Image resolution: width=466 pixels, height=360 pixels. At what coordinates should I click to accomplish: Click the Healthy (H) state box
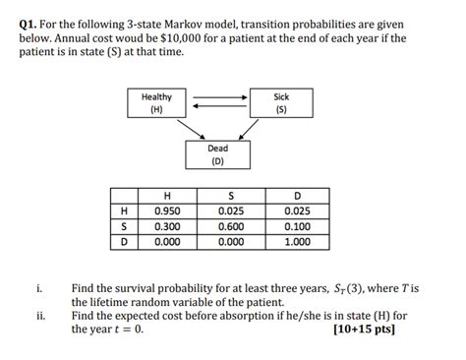[157, 103]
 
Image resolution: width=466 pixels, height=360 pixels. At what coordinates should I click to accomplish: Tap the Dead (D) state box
[218, 154]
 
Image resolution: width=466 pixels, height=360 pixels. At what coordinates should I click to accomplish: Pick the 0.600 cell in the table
[232, 225]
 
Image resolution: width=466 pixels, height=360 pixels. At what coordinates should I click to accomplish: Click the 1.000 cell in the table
[297, 241]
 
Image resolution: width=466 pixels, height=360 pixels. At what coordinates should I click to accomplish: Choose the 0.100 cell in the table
[297, 225]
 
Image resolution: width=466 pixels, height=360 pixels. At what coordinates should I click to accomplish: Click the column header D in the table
[297, 194]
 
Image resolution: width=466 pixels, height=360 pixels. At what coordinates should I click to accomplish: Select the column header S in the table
[232, 194]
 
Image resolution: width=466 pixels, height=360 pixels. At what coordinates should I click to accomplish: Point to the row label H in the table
[124, 210]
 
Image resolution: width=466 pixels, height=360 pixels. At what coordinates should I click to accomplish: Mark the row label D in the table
[124, 241]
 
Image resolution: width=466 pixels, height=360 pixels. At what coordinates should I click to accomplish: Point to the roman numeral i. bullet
[38, 289]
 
